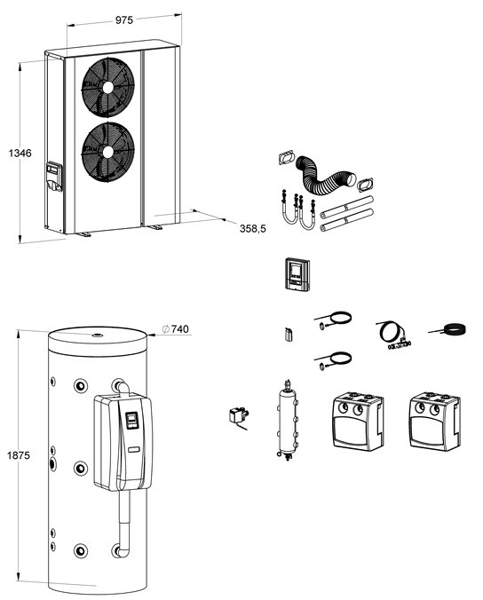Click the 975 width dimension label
click(x=124, y=20)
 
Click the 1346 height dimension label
click(x=20, y=153)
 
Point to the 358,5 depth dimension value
click(x=253, y=229)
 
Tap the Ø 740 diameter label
click(x=176, y=329)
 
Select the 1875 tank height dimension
click(x=19, y=455)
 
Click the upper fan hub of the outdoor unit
click(x=108, y=87)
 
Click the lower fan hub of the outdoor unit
click(x=108, y=152)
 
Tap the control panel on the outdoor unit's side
click(x=54, y=177)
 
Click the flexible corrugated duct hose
click(x=325, y=175)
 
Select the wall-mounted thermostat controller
click(x=297, y=274)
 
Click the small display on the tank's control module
click(x=132, y=420)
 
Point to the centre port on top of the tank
click(x=97, y=336)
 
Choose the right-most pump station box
click(x=434, y=421)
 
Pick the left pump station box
click(x=357, y=421)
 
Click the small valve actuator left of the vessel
click(x=238, y=416)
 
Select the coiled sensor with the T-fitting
click(x=394, y=336)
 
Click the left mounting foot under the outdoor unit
click(x=83, y=233)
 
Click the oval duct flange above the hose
click(x=286, y=157)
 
